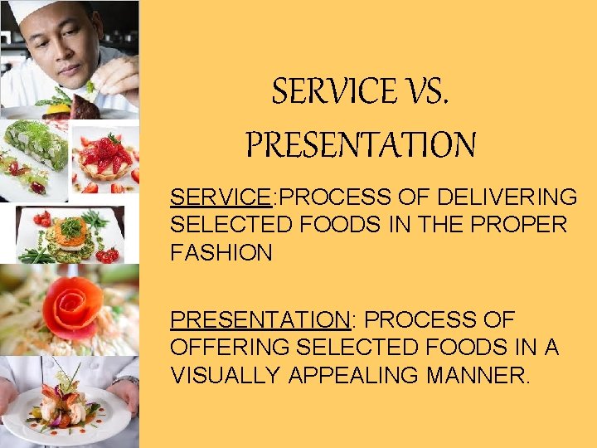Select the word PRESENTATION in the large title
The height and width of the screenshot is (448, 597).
point(361,145)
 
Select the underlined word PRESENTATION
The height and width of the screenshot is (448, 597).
point(259,320)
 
